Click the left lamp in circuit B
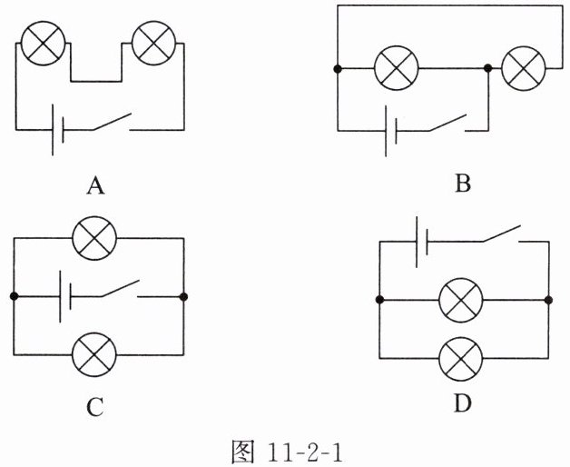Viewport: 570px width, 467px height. point(396,68)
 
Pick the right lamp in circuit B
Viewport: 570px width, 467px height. point(523,68)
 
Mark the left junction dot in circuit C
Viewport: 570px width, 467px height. point(15,296)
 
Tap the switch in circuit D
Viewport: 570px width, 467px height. point(505,234)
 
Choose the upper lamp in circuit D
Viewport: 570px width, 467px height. point(461,299)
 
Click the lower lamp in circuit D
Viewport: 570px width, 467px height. point(461,358)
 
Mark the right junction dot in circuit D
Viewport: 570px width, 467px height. point(548,299)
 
